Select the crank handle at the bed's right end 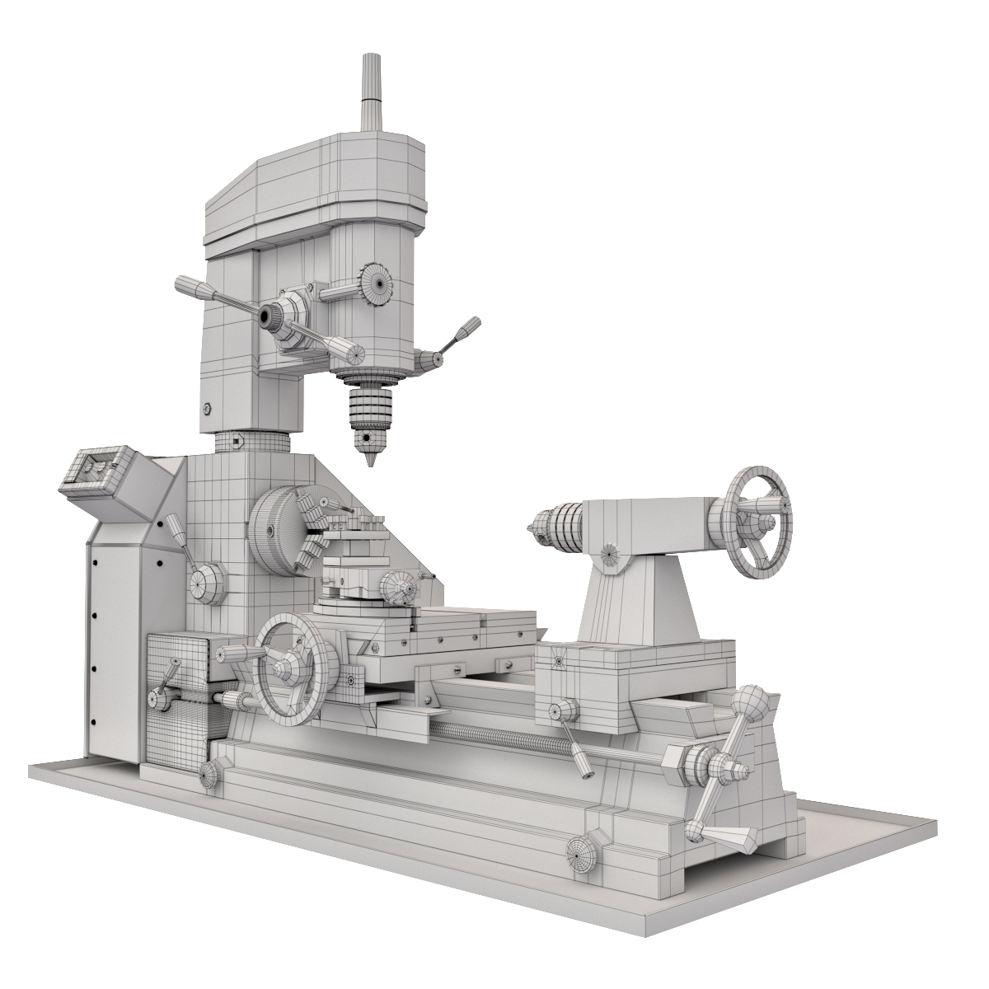(x=725, y=771)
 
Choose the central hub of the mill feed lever (x=270, y=315)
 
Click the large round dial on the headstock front (x=207, y=584)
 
